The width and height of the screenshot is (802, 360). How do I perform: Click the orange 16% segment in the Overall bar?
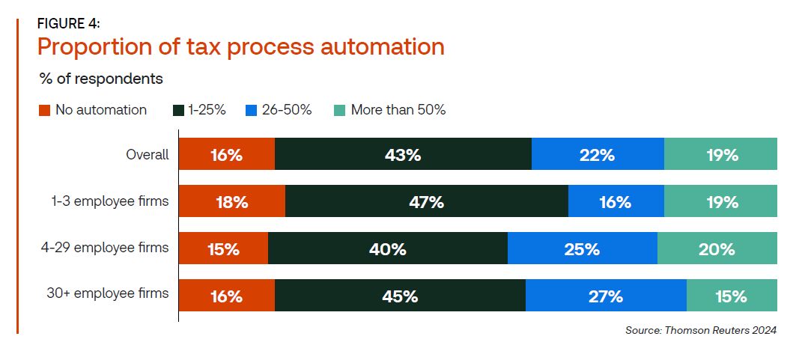coord(227,154)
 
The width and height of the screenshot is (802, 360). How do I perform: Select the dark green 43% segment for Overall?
coord(403,154)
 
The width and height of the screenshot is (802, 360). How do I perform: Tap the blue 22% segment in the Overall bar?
coord(598,154)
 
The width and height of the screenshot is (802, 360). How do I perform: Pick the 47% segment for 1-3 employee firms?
coord(427,201)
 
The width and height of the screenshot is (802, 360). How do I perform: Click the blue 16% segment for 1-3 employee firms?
coord(616,201)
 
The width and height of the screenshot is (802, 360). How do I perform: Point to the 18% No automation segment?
coord(232,201)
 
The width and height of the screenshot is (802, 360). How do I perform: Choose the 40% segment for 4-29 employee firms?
coord(388,248)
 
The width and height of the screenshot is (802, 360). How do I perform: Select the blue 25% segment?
coord(583,248)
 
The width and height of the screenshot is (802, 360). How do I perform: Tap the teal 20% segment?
coord(717,248)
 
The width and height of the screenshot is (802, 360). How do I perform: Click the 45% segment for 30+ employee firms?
coord(400,295)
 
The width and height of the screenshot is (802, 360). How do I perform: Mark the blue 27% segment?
coord(606,295)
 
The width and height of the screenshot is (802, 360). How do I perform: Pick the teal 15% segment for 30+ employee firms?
coord(732,295)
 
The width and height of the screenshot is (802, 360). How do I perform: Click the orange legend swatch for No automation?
coord(44,111)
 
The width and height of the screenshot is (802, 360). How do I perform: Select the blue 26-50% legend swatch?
coord(251,111)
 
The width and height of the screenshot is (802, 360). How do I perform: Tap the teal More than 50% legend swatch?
coord(340,111)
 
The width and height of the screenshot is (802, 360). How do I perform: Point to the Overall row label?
coord(148,154)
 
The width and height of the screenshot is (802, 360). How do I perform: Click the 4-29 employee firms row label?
coord(105,248)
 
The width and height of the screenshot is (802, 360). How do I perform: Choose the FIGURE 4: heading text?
coord(69,24)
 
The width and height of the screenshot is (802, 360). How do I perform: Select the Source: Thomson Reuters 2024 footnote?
coord(701,330)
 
